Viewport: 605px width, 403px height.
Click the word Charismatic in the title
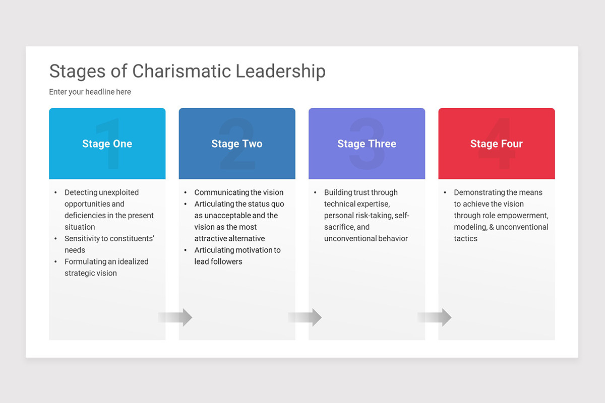(181, 71)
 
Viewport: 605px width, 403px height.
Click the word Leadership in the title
(280, 71)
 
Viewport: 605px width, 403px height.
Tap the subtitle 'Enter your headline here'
(90, 92)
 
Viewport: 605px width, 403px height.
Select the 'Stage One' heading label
(107, 144)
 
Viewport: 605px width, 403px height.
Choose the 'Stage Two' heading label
(237, 144)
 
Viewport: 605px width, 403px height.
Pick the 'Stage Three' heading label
(367, 144)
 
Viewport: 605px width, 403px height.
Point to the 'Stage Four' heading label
(497, 144)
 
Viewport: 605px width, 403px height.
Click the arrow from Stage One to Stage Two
(175, 317)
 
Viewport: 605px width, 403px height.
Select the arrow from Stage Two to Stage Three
(305, 317)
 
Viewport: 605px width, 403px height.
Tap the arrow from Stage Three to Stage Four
(435, 317)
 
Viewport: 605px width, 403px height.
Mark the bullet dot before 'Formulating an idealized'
(55, 261)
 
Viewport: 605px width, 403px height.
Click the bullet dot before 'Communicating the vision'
(186, 192)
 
